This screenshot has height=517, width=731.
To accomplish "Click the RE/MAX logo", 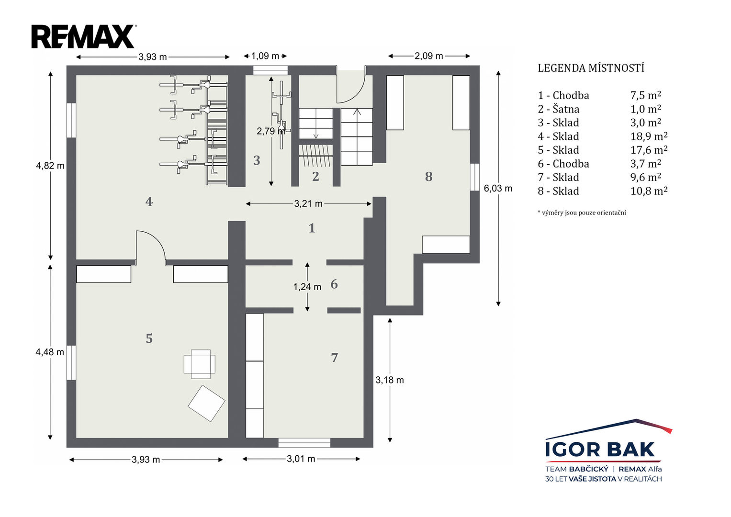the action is click(x=84, y=36).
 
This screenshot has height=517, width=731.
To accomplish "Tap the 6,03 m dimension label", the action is click(x=498, y=188).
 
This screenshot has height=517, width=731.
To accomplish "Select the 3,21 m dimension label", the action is click(x=308, y=204).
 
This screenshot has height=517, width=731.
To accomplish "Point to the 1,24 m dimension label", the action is click(x=307, y=287).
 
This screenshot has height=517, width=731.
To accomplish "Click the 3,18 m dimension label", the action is click(x=390, y=380).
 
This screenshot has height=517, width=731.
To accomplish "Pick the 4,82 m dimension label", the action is click(x=50, y=166).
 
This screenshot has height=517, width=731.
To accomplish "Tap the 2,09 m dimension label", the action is click(x=429, y=56).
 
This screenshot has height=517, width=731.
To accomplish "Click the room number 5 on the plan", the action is click(x=149, y=338).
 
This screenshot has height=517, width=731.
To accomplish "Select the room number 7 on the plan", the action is click(x=335, y=358).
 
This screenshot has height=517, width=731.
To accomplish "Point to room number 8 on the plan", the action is click(x=429, y=177).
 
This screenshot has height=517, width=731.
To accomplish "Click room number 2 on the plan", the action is click(x=315, y=176).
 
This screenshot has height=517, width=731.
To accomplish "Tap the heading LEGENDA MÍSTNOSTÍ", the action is click(x=591, y=68).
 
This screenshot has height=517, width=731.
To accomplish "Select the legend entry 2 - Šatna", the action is click(x=559, y=109).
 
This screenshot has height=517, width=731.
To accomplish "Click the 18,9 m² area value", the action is click(x=649, y=136).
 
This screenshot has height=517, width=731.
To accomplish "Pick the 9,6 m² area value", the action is click(x=646, y=177).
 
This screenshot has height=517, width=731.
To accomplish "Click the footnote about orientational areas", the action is click(x=582, y=213).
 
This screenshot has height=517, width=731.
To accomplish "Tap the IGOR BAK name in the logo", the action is click(x=600, y=450).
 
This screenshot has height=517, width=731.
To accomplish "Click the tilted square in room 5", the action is click(x=206, y=404).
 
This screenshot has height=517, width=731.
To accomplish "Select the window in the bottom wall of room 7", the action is click(x=304, y=443).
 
